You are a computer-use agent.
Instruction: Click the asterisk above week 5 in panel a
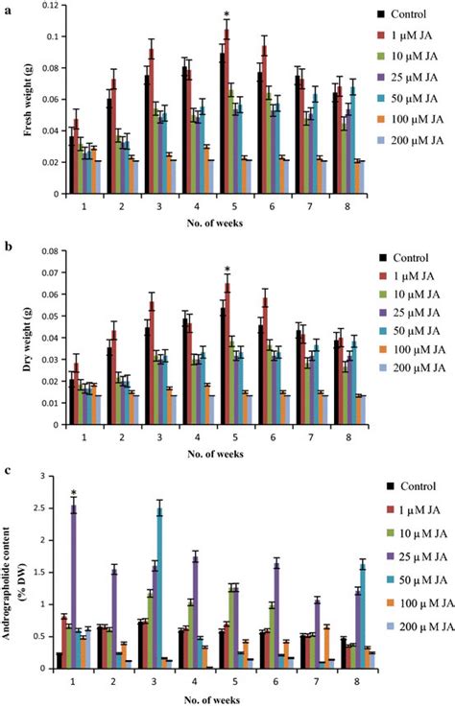click(x=227, y=14)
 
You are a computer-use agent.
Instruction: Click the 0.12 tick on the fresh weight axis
click(x=45, y=6)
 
